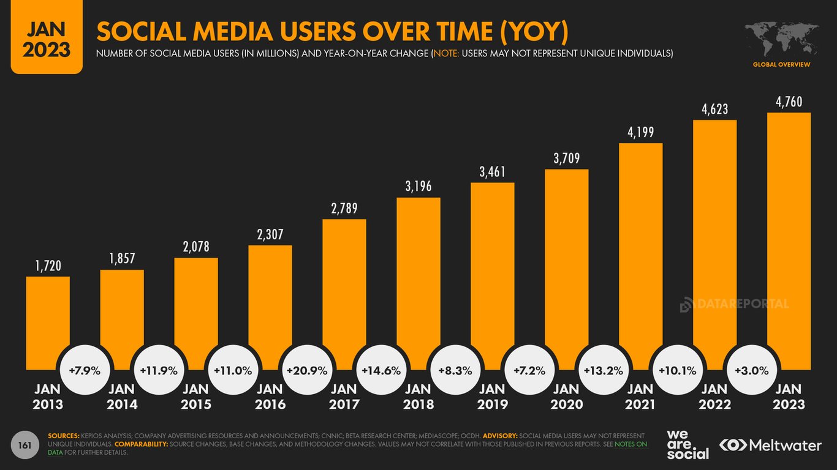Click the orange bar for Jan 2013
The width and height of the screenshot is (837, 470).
pos(48,318)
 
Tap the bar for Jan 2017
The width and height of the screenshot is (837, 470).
pos(344,288)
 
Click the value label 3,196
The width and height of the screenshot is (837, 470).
pos(418,186)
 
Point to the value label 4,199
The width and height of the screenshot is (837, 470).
pos(640,132)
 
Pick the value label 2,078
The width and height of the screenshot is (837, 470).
pos(195,247)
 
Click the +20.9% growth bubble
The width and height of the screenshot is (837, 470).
pos(307,370)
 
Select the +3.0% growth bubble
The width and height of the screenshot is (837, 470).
pos(752,370)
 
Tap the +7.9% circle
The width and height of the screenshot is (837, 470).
pos(85,370)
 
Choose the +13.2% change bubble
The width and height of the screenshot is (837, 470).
pos(604,370)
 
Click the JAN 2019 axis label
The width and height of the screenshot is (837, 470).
pos(492,397)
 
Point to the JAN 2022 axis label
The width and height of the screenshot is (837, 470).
pos(714,397)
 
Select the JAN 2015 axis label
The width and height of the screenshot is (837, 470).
pos(195,397)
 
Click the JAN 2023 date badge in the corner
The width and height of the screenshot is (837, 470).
pos(46,37)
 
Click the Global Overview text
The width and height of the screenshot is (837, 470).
pos(781,64)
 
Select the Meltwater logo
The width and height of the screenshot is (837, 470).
pos(770,446)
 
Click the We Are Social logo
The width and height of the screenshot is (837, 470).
pos(687,444)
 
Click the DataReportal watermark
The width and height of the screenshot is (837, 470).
pos(734,304)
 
